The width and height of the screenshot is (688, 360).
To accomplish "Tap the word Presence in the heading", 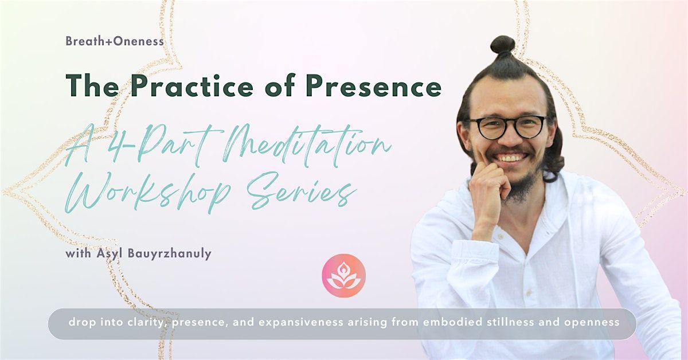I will point(373,85).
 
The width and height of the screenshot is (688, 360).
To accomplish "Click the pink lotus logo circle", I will point(343,275).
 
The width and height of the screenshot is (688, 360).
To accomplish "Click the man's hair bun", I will point(503,45).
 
